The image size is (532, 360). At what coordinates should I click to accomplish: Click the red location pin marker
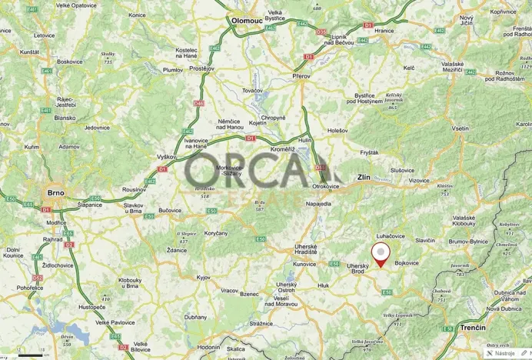(x=380, y=253)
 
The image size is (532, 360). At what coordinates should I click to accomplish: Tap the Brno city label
(x=55, y=192)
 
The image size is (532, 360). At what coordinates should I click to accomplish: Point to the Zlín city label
(x=364, y=178)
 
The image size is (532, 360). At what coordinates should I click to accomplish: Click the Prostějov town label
(x=201, y=68)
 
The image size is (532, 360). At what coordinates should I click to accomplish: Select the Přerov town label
(x=301, y=76)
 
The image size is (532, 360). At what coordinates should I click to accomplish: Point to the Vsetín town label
(x=461, y=128)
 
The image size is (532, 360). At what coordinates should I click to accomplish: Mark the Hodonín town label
(x=208, y=348)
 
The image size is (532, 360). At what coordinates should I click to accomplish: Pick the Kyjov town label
(x=204, y=277)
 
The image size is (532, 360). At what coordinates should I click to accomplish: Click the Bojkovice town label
(x=407, y=263)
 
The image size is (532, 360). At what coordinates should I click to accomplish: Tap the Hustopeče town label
(x=91, y=307)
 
